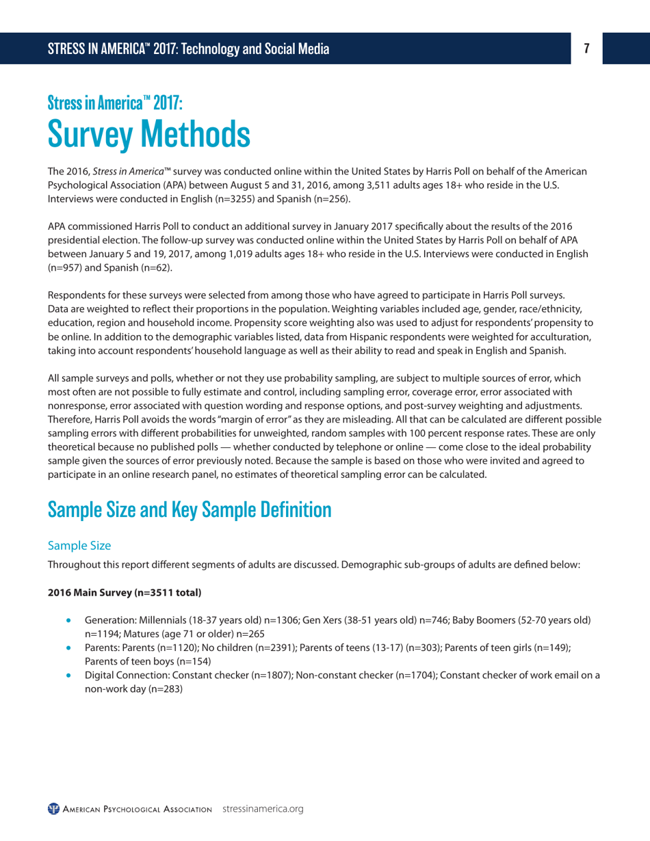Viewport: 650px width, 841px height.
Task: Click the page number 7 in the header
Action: (x=586, y=49)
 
